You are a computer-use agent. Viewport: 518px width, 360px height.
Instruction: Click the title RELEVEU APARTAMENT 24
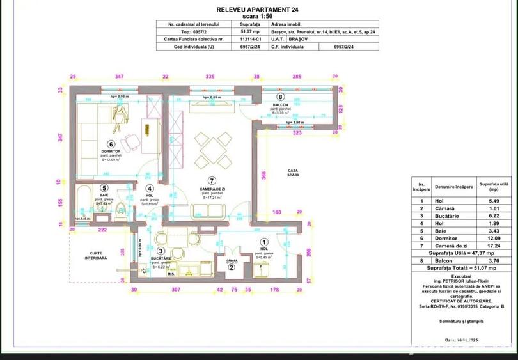tap(258, 10)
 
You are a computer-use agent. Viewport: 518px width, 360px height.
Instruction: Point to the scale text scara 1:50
tap(258, 17)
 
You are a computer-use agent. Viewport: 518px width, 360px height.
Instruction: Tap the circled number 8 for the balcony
tap(281, 97)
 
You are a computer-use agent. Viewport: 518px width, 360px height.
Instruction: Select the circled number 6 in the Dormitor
tap(111, 145)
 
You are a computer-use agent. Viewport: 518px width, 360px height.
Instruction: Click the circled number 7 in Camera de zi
tap(213, 180)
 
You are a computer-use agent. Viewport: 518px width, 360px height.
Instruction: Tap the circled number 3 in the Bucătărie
tap(161, 252)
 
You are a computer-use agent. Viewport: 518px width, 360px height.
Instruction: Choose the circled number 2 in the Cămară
tap(232, 267)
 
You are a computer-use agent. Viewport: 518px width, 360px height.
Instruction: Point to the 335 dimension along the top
tap(209, 76)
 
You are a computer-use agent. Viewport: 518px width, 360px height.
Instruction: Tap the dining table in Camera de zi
tap(211, 146)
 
